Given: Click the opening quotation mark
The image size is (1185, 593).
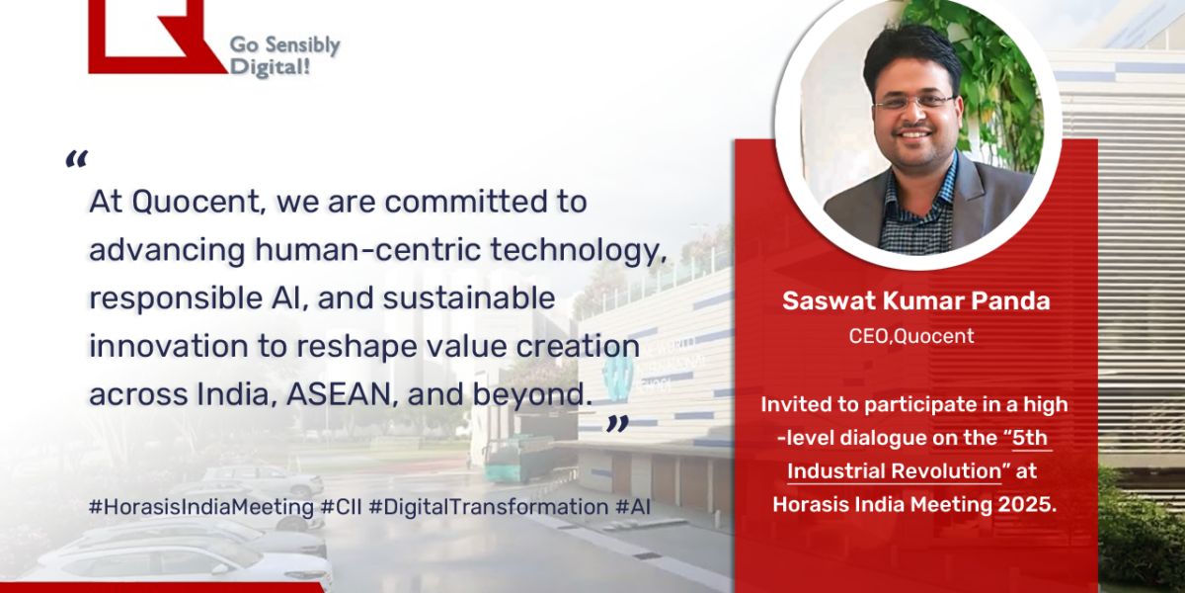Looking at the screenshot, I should click(76, 159).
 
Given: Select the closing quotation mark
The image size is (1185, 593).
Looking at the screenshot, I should click(617, 424).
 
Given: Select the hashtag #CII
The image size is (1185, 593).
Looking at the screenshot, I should click(341, 506).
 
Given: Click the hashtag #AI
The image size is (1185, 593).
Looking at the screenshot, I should click(634, 506).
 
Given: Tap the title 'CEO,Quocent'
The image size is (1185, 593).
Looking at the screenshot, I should click(911, 336).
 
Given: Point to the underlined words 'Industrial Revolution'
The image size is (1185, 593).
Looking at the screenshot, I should click(895, 470).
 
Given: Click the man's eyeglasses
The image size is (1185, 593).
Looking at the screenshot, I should click(914, 101).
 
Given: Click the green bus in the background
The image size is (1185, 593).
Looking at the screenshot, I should click(516, 459).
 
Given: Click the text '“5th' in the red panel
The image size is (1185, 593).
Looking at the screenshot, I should click(1016, 437).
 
